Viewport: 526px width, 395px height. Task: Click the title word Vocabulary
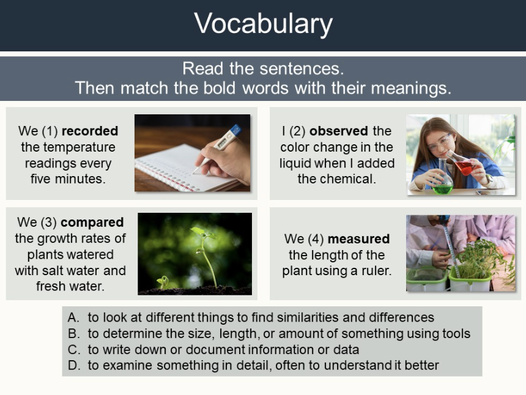263,24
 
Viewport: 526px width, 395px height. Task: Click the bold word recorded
90,131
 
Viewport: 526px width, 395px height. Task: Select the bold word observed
338,131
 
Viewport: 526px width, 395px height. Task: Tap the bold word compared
92,223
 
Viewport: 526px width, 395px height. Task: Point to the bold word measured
358,238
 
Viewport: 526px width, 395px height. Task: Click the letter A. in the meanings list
73,317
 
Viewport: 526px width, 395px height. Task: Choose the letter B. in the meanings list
74,333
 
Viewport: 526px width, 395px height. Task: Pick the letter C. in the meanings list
74,349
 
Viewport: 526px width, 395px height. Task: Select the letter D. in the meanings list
74,365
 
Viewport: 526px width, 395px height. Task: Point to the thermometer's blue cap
236,130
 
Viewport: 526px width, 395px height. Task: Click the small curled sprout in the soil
164,281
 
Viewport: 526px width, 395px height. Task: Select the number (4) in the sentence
316,238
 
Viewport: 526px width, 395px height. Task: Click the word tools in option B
456,333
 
